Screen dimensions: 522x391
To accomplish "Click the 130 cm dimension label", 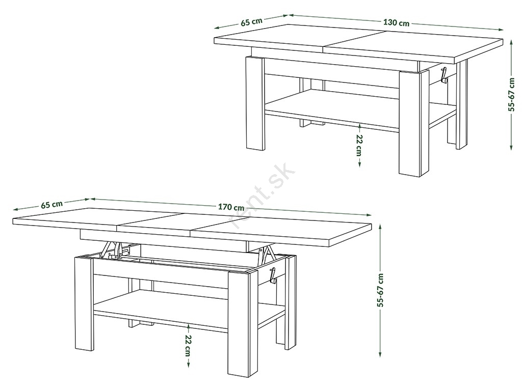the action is click(x=396, y=22).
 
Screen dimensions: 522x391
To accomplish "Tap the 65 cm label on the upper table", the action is click(x=252, y=22).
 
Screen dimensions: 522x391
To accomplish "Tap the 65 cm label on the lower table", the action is click(x=51, y=204).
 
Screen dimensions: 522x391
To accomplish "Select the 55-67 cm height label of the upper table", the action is click(x=512, y=94).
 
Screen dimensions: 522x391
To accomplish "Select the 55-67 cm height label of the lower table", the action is click(x=381, y=290).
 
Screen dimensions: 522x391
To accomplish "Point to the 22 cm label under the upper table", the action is click(x=359, y=146).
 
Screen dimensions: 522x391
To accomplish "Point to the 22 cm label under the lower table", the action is click(x=189, y=346).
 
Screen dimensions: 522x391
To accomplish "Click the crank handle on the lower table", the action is click(x=273, y=275).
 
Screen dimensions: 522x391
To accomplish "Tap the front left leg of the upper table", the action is click(x=255, y=103).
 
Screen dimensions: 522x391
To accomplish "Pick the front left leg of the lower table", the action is click(x=84, y=303).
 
